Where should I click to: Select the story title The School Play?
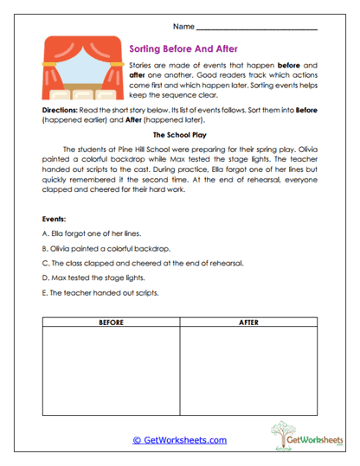click(180, 135)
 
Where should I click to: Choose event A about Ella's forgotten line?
click(92, 233)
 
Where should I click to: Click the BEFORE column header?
click(111, 322)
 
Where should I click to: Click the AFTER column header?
click(249, 322)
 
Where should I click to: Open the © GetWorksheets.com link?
click(180, 439)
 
